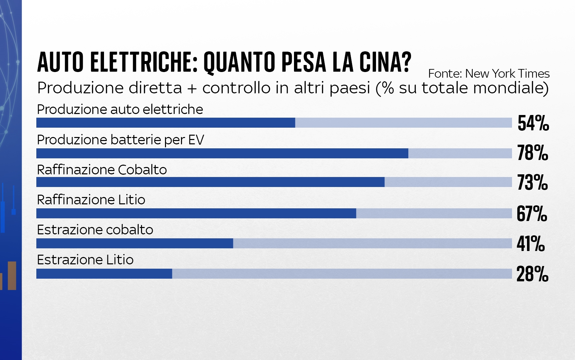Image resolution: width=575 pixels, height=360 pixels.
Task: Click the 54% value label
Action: tap(533, 123)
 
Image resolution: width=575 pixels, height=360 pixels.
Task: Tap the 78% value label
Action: tap(532, 153)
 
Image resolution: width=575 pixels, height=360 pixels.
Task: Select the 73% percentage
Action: tap(532, 182)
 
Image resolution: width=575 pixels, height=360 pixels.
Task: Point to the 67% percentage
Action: tap(532, 213)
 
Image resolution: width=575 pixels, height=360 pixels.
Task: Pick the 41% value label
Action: tap(531, 243)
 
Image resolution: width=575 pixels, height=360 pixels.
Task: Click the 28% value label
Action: tap(532, 274)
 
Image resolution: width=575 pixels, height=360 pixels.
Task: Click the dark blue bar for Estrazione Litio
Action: tap(104, 274)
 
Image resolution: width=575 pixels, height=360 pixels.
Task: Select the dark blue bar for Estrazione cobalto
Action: tap(134, 244)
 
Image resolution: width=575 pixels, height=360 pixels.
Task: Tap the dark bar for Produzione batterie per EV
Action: tap(222, 153)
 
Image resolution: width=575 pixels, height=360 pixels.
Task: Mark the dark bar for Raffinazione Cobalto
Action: tap(210, 182)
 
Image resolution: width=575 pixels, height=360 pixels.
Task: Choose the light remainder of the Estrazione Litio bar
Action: tap(342, 274)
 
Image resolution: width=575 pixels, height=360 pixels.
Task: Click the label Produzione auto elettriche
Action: tap(120, 109)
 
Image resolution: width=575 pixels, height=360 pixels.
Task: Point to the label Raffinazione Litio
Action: tap(91, 200)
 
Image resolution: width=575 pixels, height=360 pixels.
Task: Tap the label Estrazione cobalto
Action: tap(95, 230)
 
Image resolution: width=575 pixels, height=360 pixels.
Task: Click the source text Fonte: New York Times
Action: tap(489, 73)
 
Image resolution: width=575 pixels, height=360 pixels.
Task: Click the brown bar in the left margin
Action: tap(12, 275)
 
